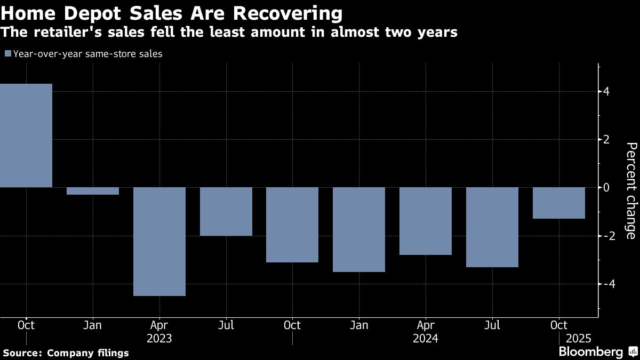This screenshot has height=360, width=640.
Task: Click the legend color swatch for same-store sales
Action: [x=7, y=53]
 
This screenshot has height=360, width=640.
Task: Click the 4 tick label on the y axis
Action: [x=606, y=92]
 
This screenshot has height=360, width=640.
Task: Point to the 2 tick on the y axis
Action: [x=606, y=140]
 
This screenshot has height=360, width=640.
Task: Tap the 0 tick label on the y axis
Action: [x=606, y=188]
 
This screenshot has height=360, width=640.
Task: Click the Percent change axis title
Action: [x=630, y=190]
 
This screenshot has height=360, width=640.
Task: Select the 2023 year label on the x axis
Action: [x=159, y=338]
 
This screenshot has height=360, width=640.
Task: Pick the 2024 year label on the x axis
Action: [x=426, y=338]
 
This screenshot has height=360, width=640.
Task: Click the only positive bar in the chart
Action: [x=26, y=135]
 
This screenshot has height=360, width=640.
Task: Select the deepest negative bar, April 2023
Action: [x=159, y=241]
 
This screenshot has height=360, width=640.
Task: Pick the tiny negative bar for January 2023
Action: [x=93, y=191]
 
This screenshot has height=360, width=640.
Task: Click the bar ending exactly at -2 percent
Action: [x=226, y=211]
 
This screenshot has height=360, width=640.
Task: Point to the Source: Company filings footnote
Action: [x=66, y=353]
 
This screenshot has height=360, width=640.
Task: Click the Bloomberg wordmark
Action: [x=590, y=352]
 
